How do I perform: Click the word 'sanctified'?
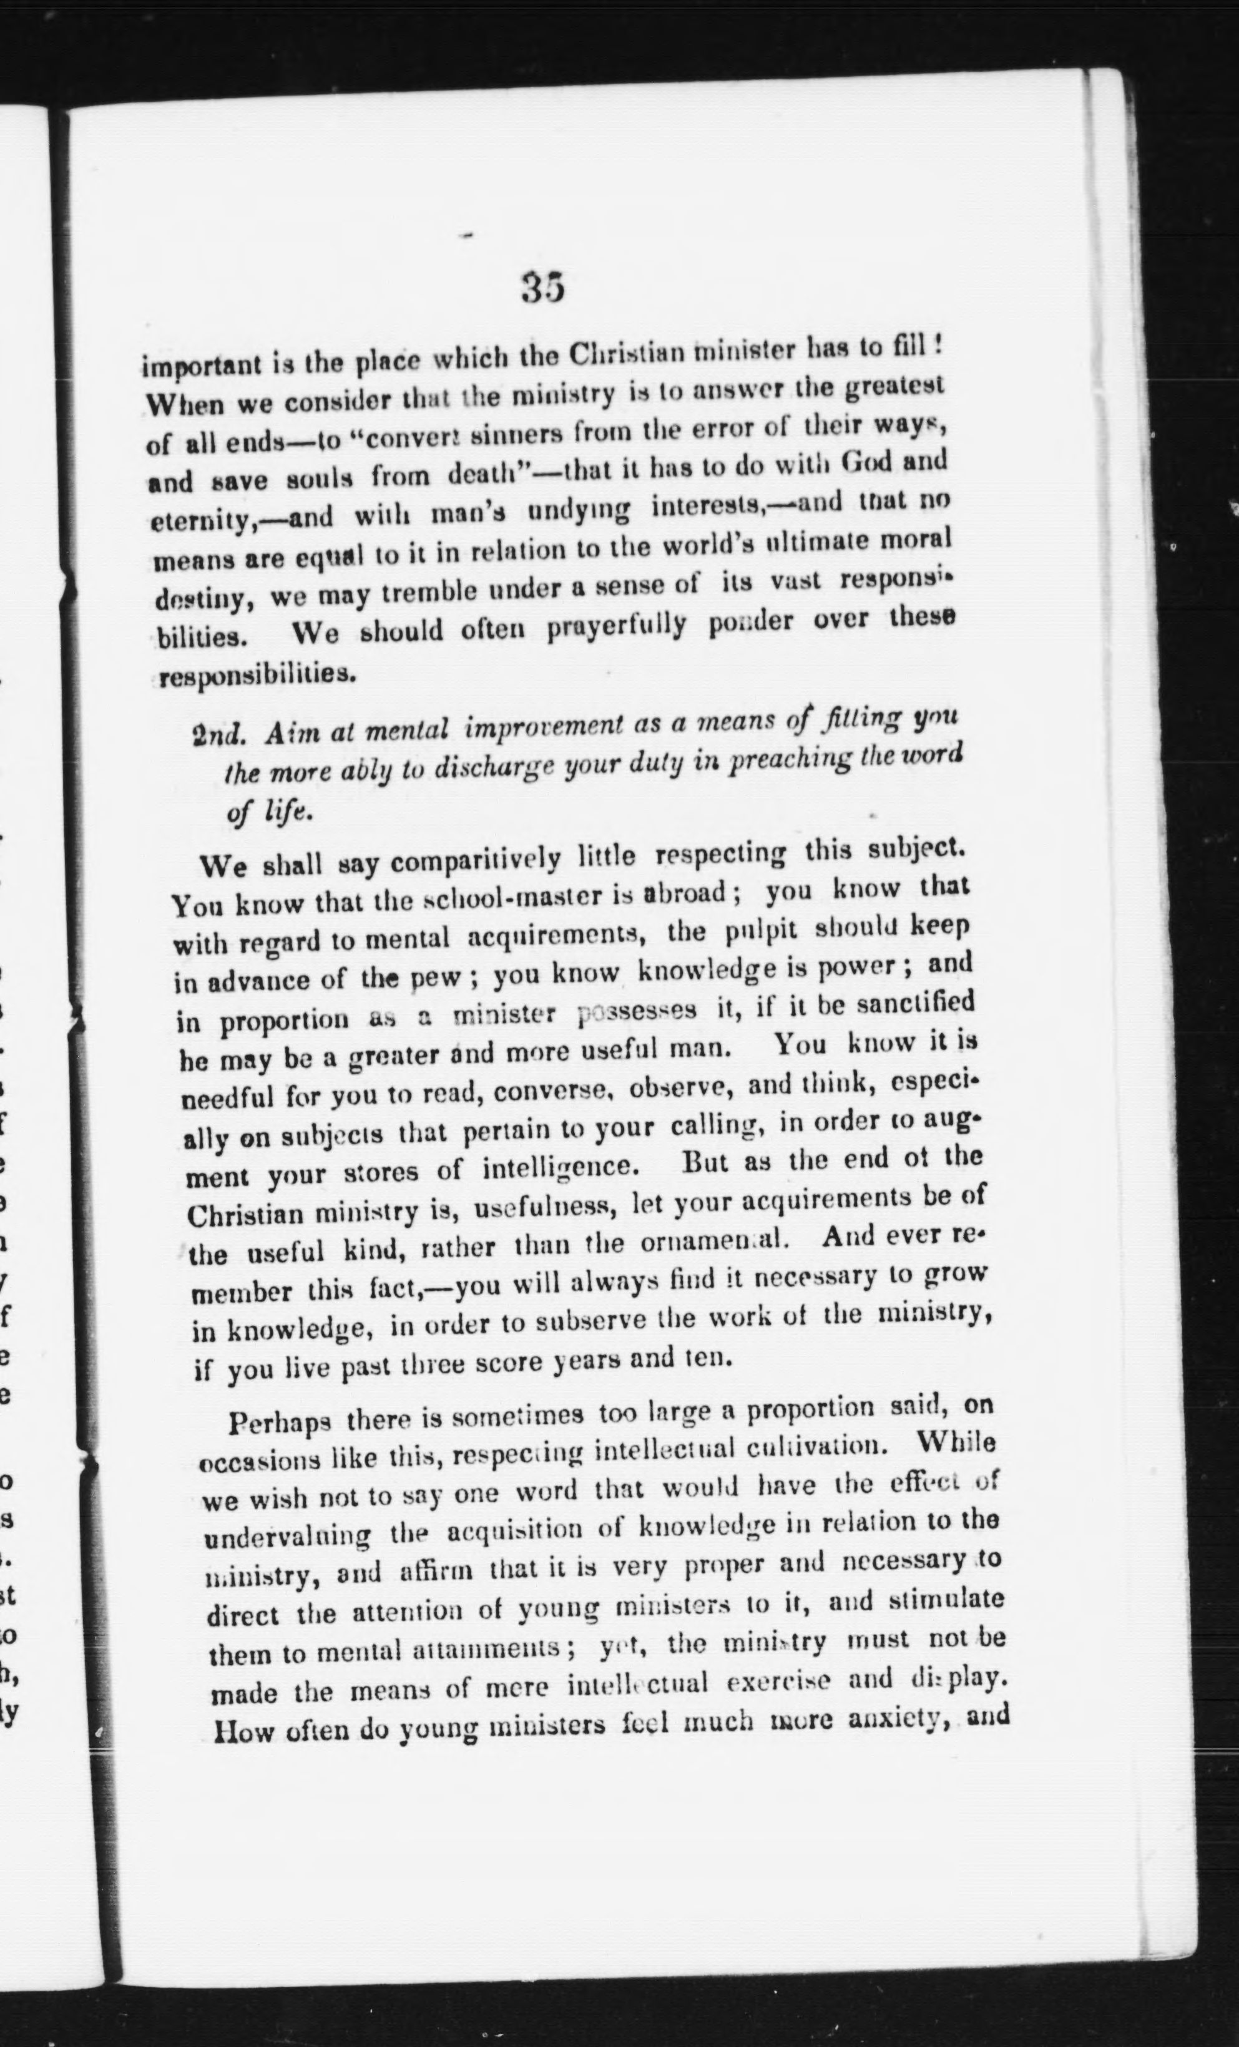pos(915,1004)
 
